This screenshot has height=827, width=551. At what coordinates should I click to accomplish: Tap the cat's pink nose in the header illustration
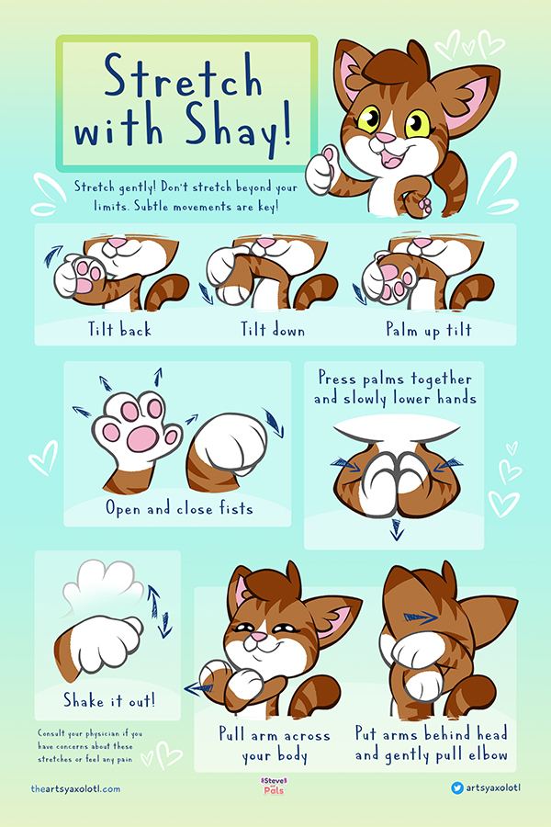(385, 138)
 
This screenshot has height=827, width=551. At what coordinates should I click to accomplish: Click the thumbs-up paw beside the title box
(322, 170)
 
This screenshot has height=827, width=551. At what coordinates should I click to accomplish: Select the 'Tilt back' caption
(119, 329)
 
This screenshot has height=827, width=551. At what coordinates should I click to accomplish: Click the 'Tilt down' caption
(273, 329)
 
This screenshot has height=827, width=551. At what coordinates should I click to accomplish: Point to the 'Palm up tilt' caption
(429, 330)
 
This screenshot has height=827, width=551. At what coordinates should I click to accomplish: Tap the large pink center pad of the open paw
(142, 439)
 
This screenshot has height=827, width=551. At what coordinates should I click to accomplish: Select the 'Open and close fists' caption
(179, 508)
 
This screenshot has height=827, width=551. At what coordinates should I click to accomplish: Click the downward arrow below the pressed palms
(396, 529)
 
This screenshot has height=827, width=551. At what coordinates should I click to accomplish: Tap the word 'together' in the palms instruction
(442, 380)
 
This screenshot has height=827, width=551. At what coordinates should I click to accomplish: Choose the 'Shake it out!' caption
(109, 700)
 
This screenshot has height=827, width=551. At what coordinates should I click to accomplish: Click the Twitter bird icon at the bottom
(456, 788)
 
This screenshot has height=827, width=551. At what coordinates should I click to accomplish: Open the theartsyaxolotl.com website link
(75, 789)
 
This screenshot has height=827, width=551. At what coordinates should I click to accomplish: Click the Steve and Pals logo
(275, 786)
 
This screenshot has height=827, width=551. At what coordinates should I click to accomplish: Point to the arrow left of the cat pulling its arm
(198, 687)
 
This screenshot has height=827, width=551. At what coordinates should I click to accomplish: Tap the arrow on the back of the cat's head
(421, 617)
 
